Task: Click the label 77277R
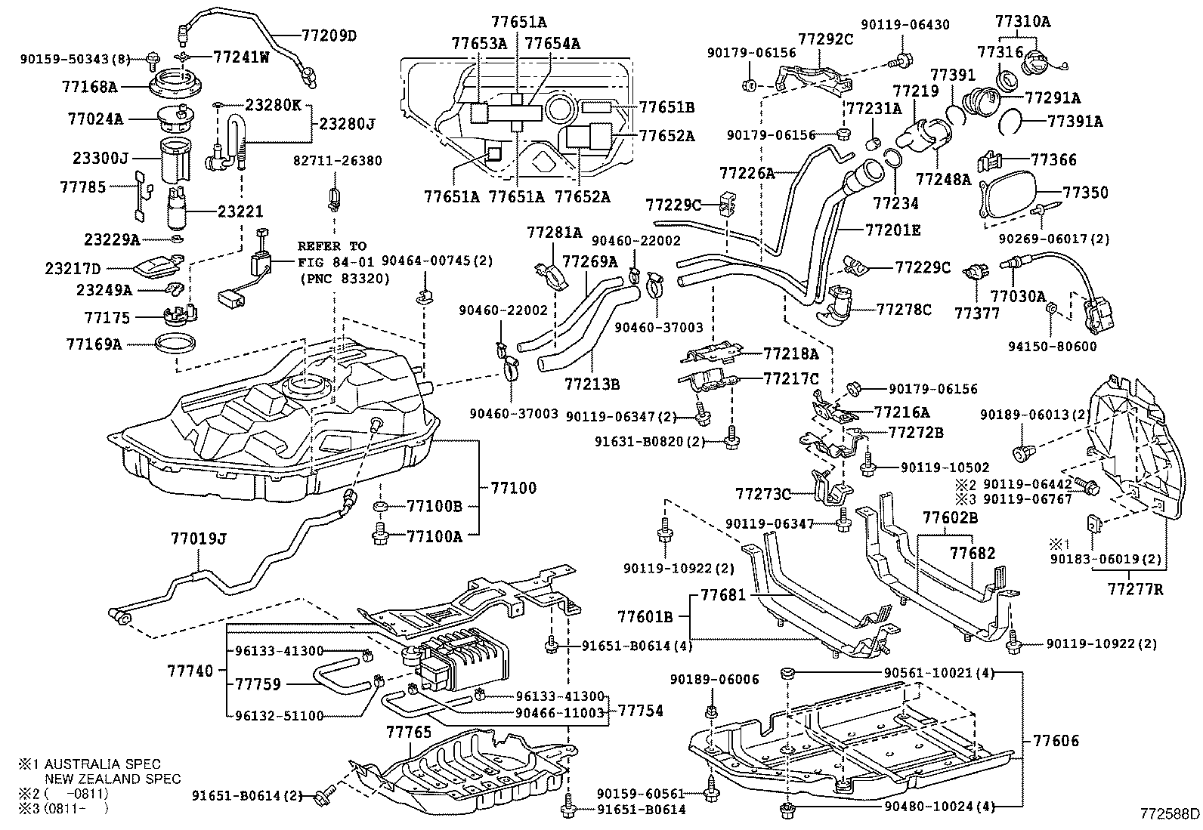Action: point(1136,588)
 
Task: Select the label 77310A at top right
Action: point(1022,22)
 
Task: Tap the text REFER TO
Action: point(331,246)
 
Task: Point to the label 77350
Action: point(1085,193)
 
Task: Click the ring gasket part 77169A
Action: point(178,344)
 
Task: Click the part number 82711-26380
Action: point(337,161)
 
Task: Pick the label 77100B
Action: point(434,506)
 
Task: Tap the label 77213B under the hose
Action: point(591,384)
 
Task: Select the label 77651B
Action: point(666,107)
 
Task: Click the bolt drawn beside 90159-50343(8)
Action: point(153,57)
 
